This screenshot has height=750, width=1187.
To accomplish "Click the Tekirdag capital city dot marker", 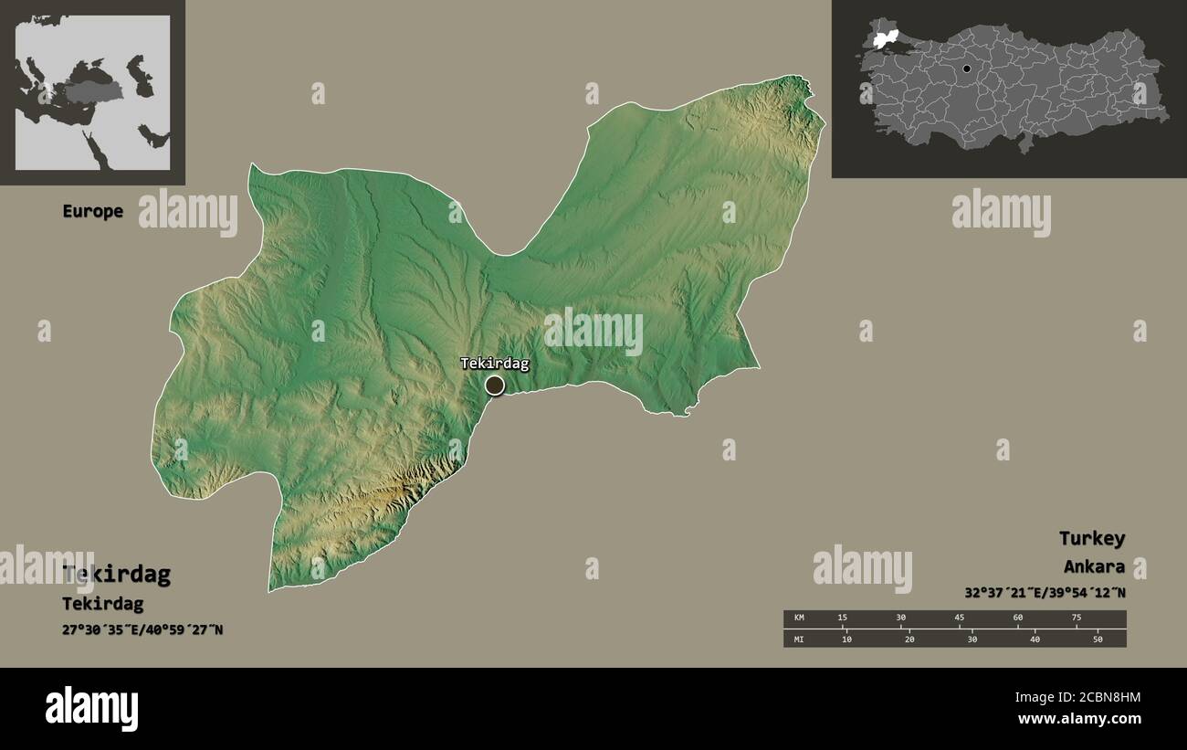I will (x=494, y=386).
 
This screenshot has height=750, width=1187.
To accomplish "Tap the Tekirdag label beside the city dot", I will (x=494, y=364).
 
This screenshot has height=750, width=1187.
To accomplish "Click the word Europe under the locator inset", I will (x=92, y=211).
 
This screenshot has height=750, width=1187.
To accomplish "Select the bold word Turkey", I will (x=1091, y=538).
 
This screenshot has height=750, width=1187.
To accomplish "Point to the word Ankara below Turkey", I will (x=1093, y=566).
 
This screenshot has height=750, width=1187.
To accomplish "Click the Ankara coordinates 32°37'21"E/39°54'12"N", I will (x=1045, y=592).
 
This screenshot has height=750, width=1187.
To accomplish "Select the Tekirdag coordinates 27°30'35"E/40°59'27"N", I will (x=142, y=630).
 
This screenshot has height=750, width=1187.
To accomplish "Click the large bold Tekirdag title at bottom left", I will (x=116, y=575).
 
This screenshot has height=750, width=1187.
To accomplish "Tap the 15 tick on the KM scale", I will (x=843, y=618).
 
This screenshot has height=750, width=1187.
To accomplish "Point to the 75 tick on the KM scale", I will (x=1076, y=618).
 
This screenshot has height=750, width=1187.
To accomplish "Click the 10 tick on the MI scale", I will (x=846, y=639).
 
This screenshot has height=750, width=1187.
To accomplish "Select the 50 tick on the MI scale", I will (x=1098, y=639).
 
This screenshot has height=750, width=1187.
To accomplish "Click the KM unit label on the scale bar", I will (x=799, y=618).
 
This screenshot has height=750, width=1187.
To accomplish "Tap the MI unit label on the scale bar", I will (x=799, y=639).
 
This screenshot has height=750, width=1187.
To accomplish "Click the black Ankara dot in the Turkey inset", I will (x=966, y=69).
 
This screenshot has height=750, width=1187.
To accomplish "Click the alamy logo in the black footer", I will (x=91, y=708).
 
